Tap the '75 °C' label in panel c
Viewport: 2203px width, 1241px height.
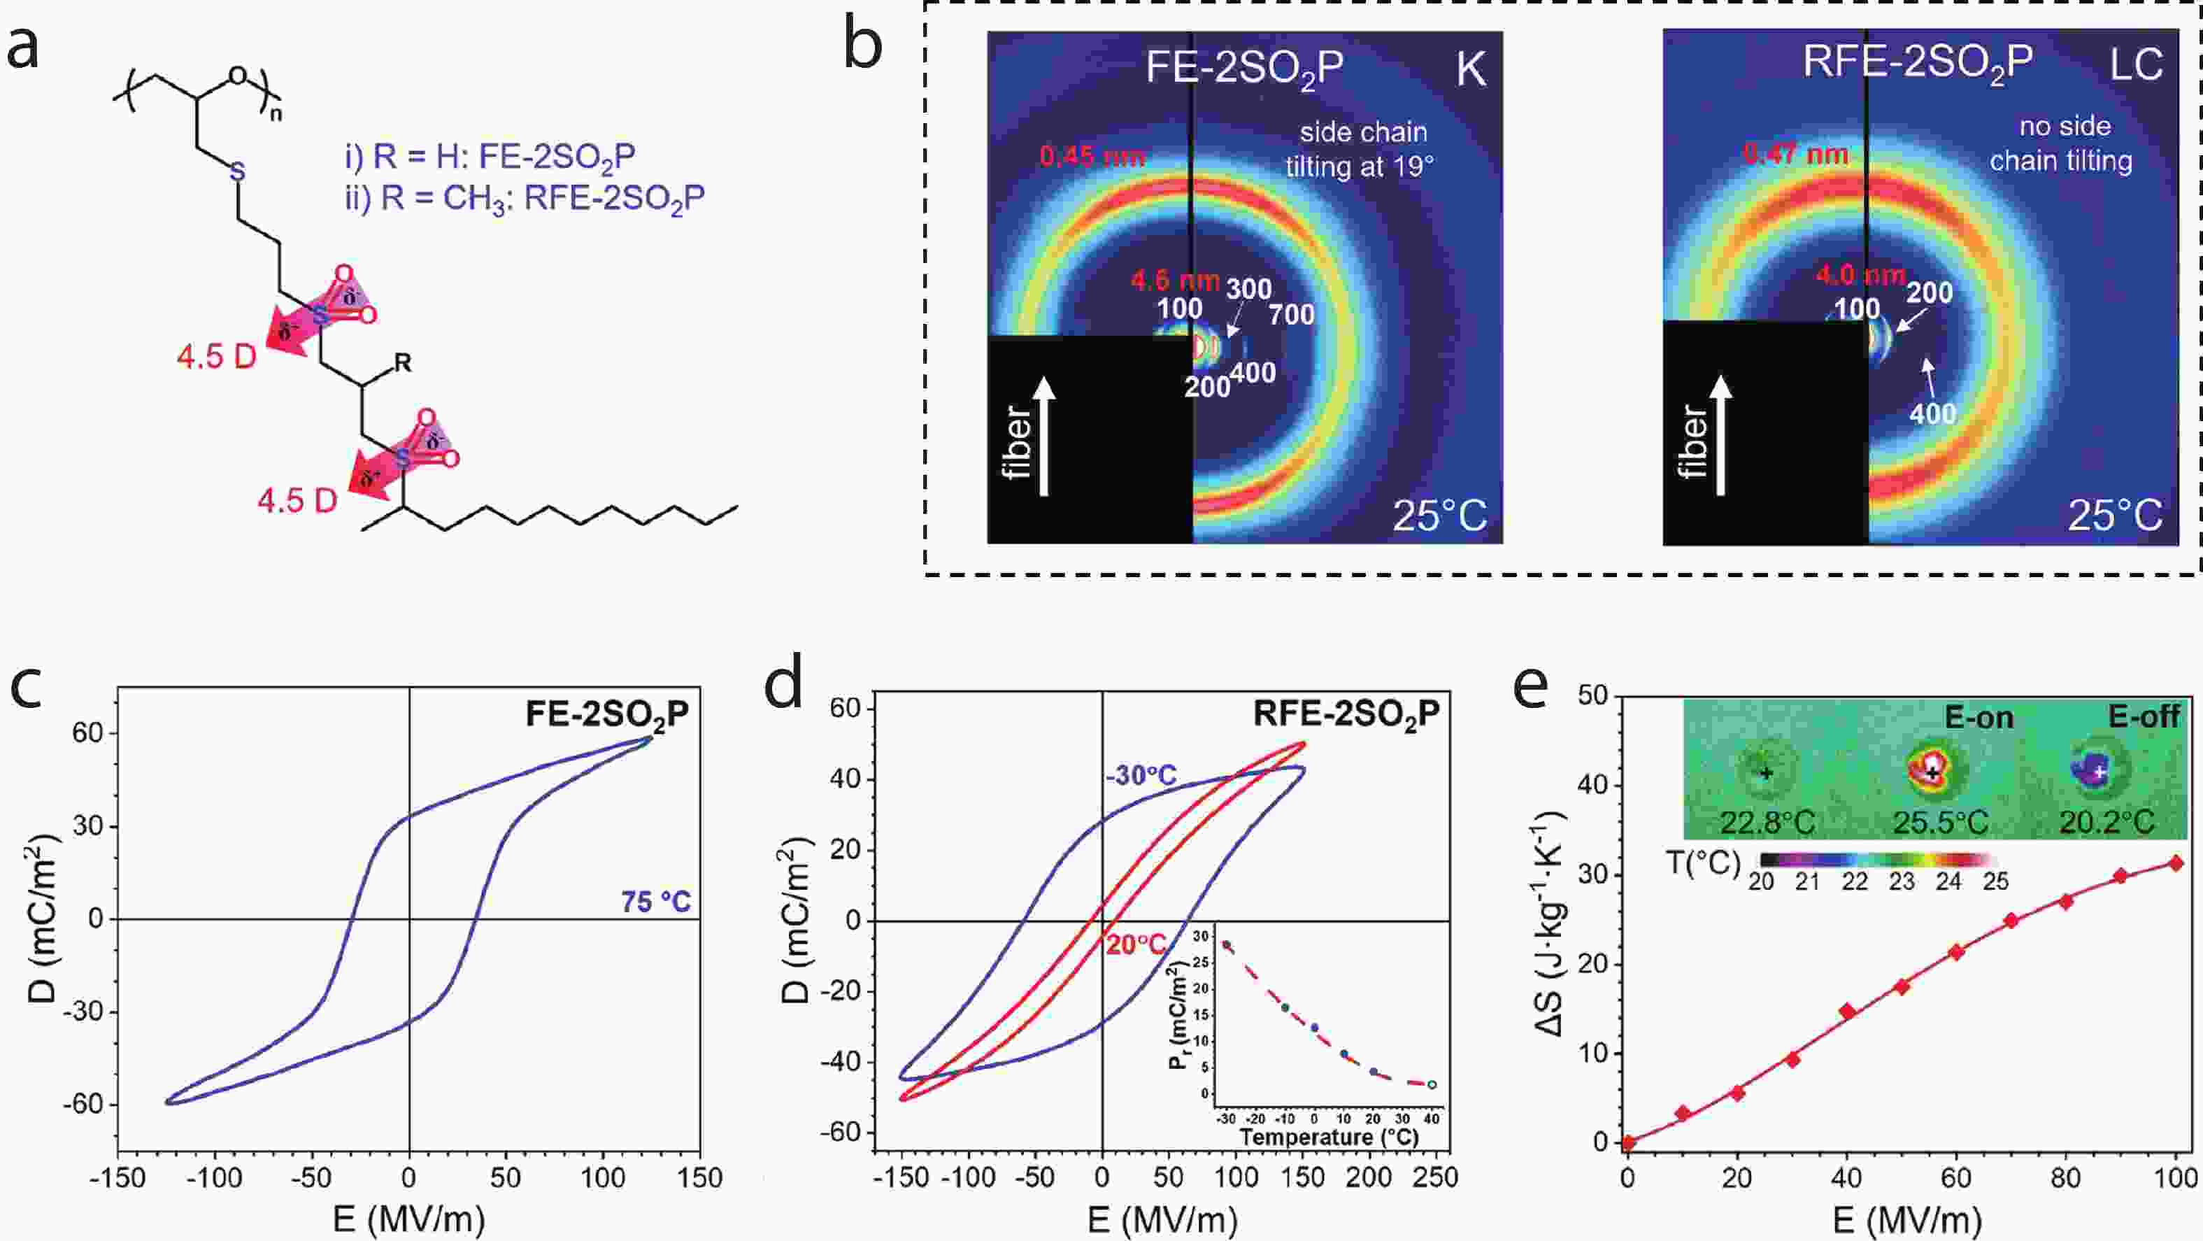coord(656,902)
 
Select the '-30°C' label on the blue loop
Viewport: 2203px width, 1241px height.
coord(1140,776)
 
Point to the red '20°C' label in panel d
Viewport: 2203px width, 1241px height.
coord(1136,945)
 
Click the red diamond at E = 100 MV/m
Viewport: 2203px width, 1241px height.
coord(2176,864)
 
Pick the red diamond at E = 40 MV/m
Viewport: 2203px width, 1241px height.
coord(1847,1011)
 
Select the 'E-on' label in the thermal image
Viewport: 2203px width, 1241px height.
coord(1979,718)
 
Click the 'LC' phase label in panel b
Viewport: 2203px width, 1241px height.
coord(2135,64)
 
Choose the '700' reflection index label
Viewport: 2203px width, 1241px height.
coord(1291,315)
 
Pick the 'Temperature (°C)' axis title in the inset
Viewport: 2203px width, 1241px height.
coord(1329,1137)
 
